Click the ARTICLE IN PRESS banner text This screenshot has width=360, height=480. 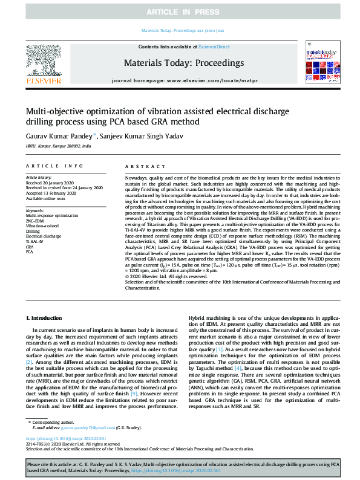coord(180,12)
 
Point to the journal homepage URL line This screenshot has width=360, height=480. coord(179,80)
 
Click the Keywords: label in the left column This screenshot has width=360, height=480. coord(36,210)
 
